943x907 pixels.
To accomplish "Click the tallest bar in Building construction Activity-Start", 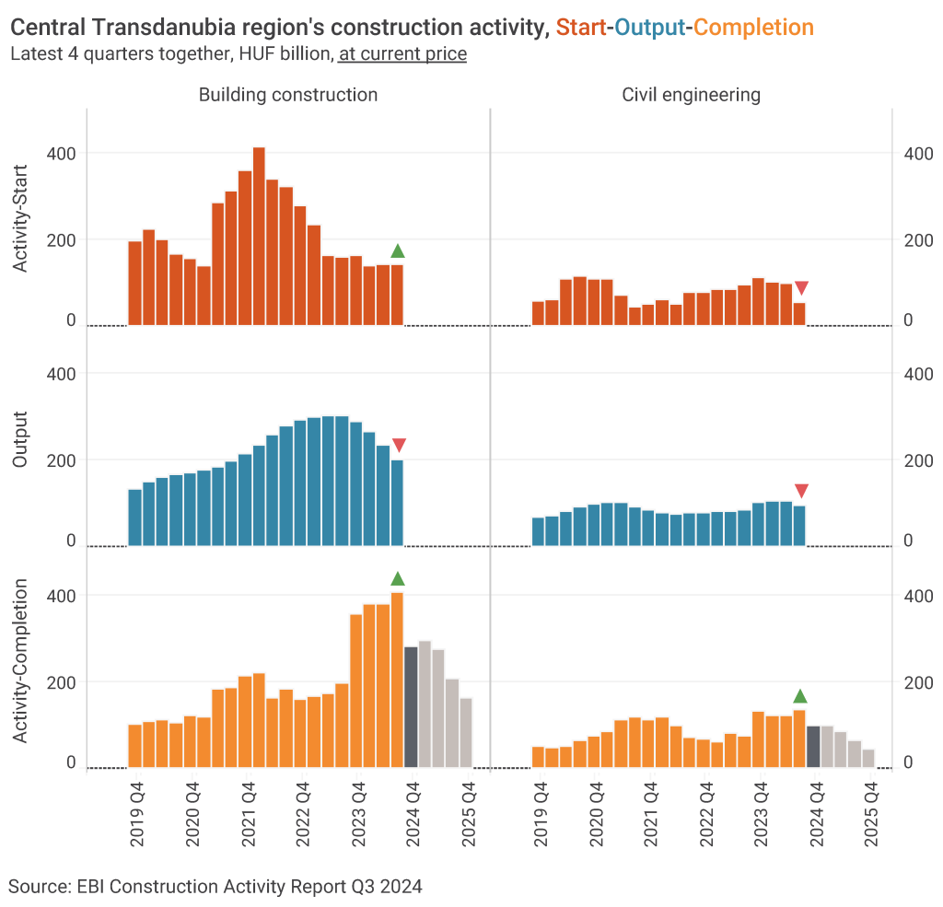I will (x=259, y=236).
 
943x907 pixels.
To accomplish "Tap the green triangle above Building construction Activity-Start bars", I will (x=398, y=251).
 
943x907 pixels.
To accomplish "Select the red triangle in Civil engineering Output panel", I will (x=801, y=490).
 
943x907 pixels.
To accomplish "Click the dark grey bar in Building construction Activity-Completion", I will (x=411, y=706).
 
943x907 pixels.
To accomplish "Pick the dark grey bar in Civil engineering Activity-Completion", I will (x=813, y=746).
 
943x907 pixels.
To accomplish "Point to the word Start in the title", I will (x=580, y=29).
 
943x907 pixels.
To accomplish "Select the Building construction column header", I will (x=288, y=95).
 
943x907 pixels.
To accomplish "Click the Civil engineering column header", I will (x=692, y=95).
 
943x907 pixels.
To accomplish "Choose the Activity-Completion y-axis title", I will (x=21, y=662).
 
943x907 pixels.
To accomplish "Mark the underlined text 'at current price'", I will (x=402, y=54).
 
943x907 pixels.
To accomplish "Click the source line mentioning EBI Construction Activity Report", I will (x=215, y=887).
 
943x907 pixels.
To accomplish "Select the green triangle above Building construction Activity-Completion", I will (x=398, y=578).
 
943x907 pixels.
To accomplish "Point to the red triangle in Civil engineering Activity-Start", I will (x=801, y=288).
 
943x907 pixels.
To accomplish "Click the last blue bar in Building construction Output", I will (x=397, y=503).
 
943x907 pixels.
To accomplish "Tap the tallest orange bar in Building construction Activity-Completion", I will (x=397, y=680).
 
